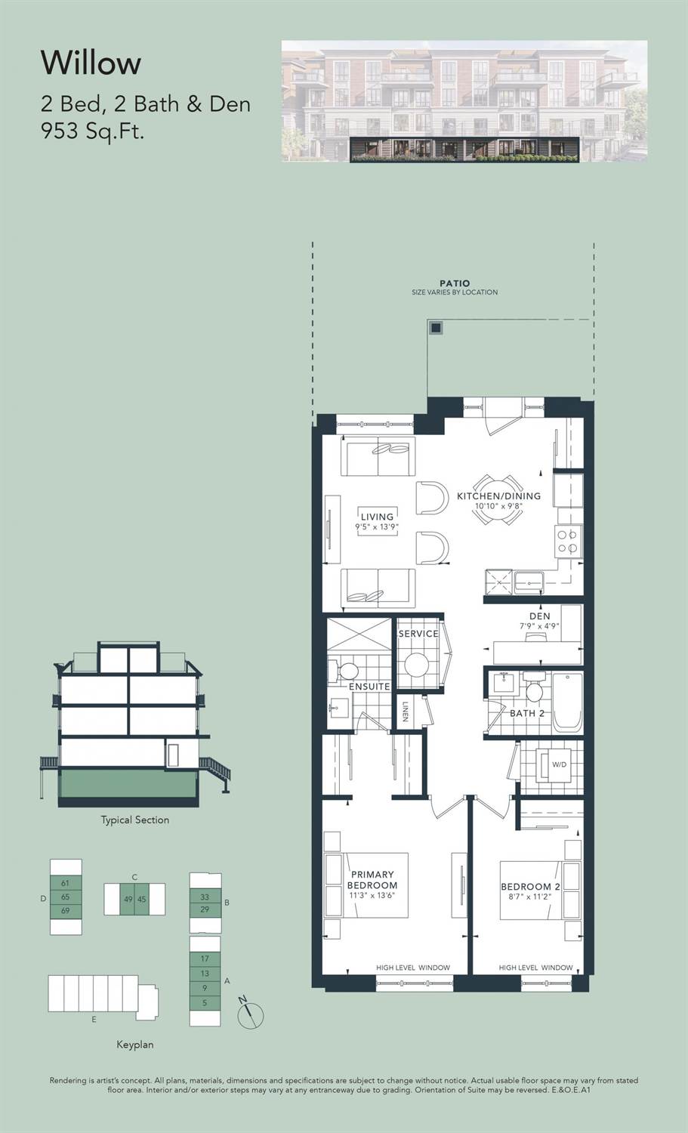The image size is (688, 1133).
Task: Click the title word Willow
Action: (x=91, y=63)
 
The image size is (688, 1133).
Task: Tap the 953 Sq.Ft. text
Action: (x=93, y=131)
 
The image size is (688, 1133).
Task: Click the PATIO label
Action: (x=455, y=283)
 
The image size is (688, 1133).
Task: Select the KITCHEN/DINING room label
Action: (x=498, y=495)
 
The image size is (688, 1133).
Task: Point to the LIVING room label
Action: (x=377, y=517)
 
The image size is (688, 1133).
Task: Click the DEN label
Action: (x=540, y=616)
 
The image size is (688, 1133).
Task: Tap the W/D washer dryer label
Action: (x=560, y=764)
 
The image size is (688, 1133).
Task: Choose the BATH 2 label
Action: (x=527, y=713)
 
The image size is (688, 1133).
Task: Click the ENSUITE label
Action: (x=369, y=687)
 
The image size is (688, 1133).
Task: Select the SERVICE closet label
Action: (x=418, y=633)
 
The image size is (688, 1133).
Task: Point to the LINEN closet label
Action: (x=406, y=712)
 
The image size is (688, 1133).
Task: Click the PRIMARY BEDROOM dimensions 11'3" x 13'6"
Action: (x=372, y=895)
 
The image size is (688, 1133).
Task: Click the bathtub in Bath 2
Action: (x=567, y=702)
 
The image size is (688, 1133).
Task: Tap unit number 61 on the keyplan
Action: (x=65, y=883)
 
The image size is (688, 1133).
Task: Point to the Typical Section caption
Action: (x=135, y=820)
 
